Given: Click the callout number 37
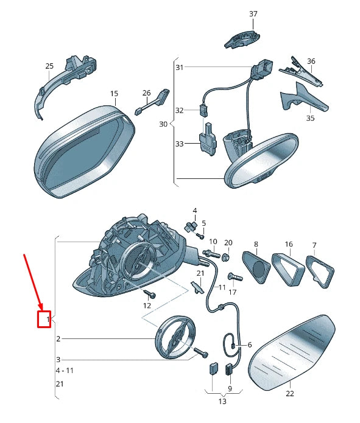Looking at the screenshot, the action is click(x=253, y=14).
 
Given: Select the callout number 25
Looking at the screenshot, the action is click(x=49, y=66).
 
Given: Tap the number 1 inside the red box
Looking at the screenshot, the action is click(x=48, y=320).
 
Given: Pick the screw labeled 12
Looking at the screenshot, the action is click(x=149, y=293).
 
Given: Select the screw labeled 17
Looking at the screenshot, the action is click(x=235, y=277).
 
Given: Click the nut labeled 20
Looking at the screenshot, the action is click(x=226, y=257).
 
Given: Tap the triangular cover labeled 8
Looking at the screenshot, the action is click(x=256, y=267).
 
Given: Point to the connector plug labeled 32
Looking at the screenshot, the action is click(x=203, y=110).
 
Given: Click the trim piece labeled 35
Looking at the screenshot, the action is click(x=304, y=97).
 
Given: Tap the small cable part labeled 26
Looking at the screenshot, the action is click(x=153, y=102).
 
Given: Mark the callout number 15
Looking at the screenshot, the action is click(x=114, y=94).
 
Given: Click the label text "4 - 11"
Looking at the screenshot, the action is click(x=65, y=371).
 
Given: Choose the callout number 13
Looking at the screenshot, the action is click(x=222, y=402).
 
